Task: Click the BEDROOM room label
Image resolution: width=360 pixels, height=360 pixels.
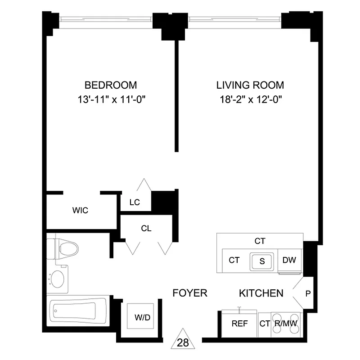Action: (111, 85)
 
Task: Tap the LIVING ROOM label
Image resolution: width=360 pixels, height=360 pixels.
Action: (250, 85)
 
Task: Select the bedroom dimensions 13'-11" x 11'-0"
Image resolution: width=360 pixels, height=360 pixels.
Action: (111, 99)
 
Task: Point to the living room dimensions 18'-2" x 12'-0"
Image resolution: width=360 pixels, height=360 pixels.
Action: (250, 99)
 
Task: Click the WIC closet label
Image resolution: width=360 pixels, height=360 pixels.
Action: (80, 210)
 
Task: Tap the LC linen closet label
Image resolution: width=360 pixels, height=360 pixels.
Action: (135, 202)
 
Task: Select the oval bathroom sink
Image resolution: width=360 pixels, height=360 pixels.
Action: (57, 278)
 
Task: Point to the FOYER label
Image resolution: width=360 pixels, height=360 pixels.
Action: (190, 293)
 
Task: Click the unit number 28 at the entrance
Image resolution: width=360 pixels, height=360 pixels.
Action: (183, 342)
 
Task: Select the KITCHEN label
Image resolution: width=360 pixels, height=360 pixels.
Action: (261, 293)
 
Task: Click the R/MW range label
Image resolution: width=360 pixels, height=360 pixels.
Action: (287, 324)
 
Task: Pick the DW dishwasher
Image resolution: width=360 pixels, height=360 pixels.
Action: (288, 260)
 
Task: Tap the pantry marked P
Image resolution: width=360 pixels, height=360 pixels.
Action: (308, 294)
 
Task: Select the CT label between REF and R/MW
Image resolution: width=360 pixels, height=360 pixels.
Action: (265, 324)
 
